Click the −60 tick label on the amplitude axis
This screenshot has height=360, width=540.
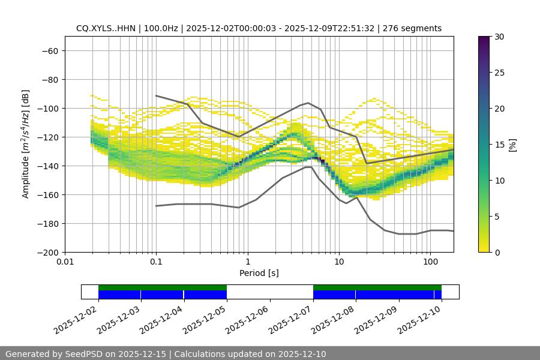[x=49, y=50]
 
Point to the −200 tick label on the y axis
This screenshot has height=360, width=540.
[x=47, y=252]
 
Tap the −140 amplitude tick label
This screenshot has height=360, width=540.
[x=47, y=166]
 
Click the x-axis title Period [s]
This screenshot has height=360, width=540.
[x=259, y=274]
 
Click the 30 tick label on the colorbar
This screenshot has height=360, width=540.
[x=499, y=37]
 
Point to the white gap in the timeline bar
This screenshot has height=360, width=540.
[x=270, y=292]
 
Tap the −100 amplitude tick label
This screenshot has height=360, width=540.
[x=47, y=108]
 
